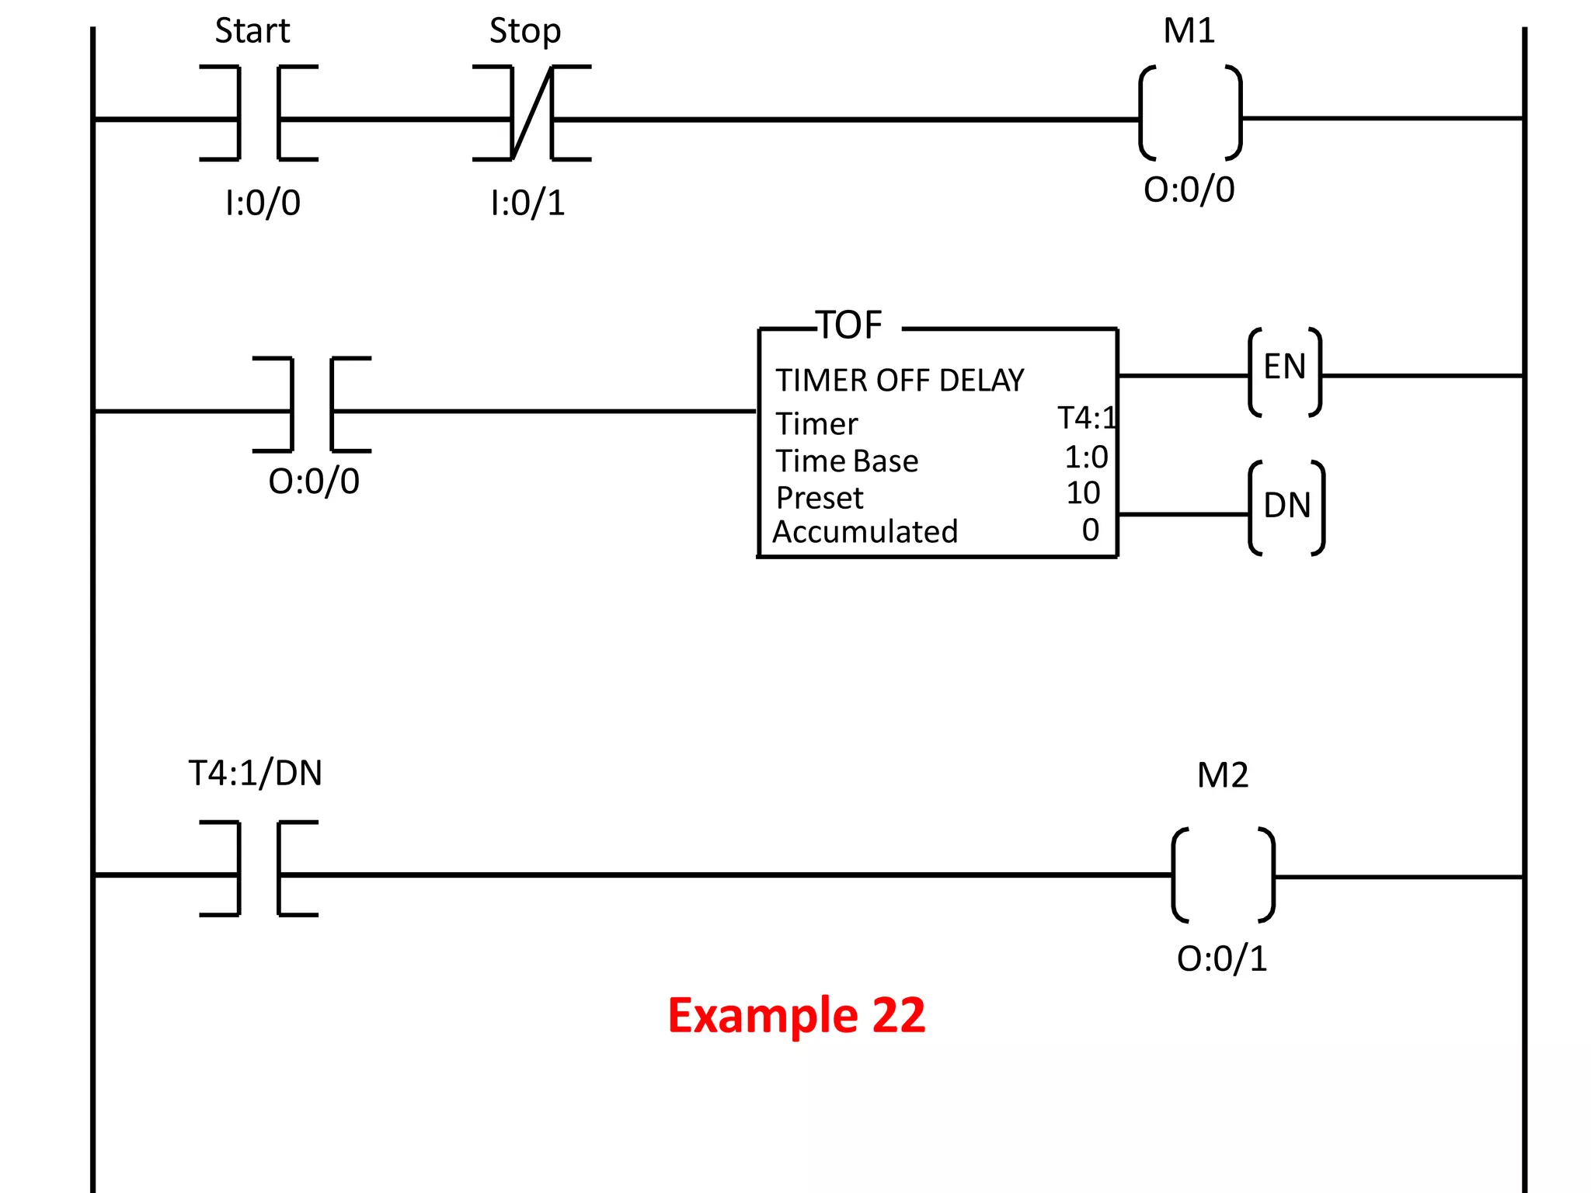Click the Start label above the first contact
point(252,32)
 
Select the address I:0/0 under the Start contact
point(263,203)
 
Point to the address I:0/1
point(527,203)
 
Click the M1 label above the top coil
point(1189,32)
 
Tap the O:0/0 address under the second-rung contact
point(314,482)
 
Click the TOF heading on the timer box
point(851,325)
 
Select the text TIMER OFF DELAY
point(900,381)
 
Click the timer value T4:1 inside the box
point(1086,419)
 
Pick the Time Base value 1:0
point(1085,457)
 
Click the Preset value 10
point(1083,493)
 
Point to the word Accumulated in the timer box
point(865,532)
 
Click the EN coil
point(1285,371)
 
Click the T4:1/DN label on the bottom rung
point(256,774)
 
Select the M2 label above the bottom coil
point(1223,775)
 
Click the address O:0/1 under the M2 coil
point(1222,958)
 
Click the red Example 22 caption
point(796,1015)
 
